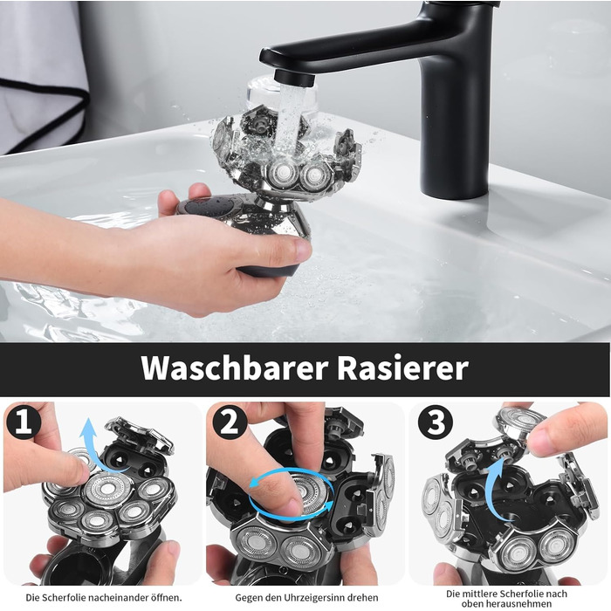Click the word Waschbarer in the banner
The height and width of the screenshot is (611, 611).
(234, 367)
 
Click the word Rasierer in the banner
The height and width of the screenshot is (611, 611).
(403, 367)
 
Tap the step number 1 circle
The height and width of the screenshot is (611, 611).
(24, 422)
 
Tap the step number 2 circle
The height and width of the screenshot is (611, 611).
(230, 422)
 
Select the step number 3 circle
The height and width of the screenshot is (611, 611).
(436, 422)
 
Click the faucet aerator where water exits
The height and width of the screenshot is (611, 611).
(294, 78)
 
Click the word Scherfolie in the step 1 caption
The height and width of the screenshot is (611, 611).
(63, 597)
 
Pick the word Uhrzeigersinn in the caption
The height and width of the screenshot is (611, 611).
(316, 597)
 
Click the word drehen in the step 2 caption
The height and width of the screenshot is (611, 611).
(365, 597)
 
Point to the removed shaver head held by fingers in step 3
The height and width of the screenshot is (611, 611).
(520, 422)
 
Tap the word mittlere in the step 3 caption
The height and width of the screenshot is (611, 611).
(481, 594)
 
